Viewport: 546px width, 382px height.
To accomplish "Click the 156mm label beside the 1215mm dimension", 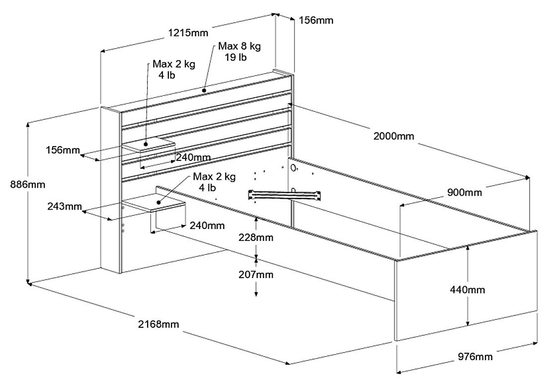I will pyautogui.click(x=315, y=20).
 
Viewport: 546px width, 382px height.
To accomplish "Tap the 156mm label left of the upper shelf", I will pyautogui.click(x=62, y=150).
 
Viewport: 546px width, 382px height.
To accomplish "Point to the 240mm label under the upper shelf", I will pyautogui.click(x=193, y=157).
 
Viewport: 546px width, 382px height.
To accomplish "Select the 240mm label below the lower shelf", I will pyautogui.click(x=207, y=226).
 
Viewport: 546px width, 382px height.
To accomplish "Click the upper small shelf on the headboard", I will pyautogui.click(x=150, y=146).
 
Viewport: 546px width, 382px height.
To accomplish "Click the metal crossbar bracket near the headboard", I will pyautogui.click(x=286, y=195).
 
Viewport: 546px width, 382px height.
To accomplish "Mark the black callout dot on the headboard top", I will pyautogui.click(x=204, y=90).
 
